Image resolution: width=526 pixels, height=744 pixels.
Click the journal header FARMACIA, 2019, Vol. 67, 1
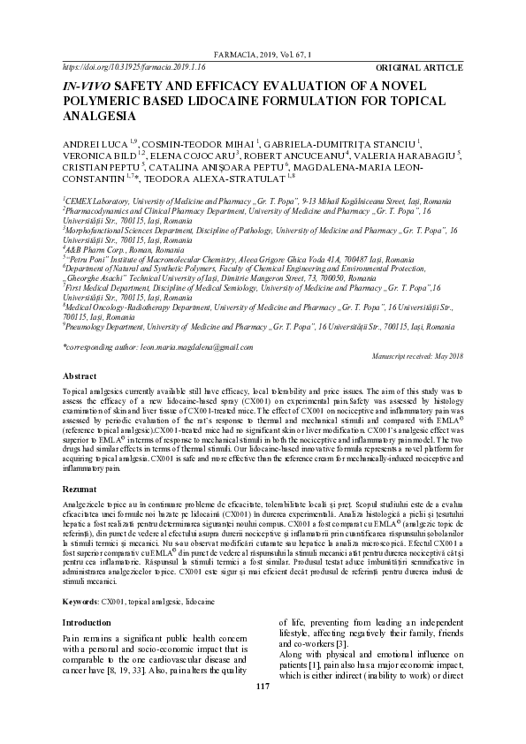(x=263, y=55)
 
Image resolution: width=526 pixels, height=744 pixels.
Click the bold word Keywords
(x=80, y=601)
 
